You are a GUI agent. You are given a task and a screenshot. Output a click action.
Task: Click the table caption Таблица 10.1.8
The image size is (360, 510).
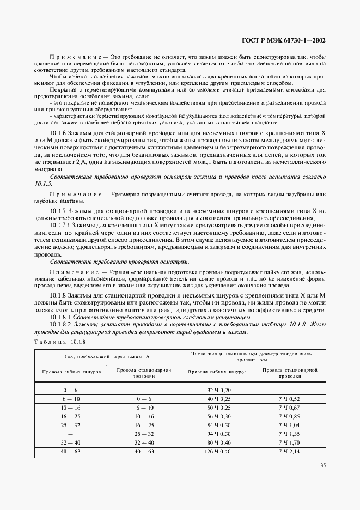[59, 342]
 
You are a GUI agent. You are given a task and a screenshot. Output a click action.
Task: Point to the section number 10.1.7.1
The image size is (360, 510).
[62, 224]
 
